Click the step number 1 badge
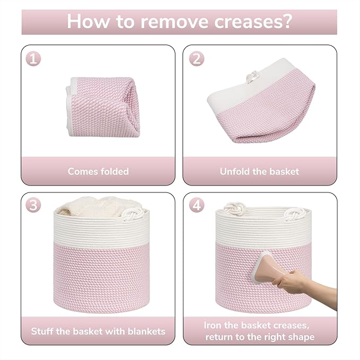(x=34, y=59)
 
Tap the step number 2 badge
(x=197, y=59)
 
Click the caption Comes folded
(x=98, y=171)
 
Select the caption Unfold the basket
(x=259, y=171)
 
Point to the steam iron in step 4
(x=267, y=267)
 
